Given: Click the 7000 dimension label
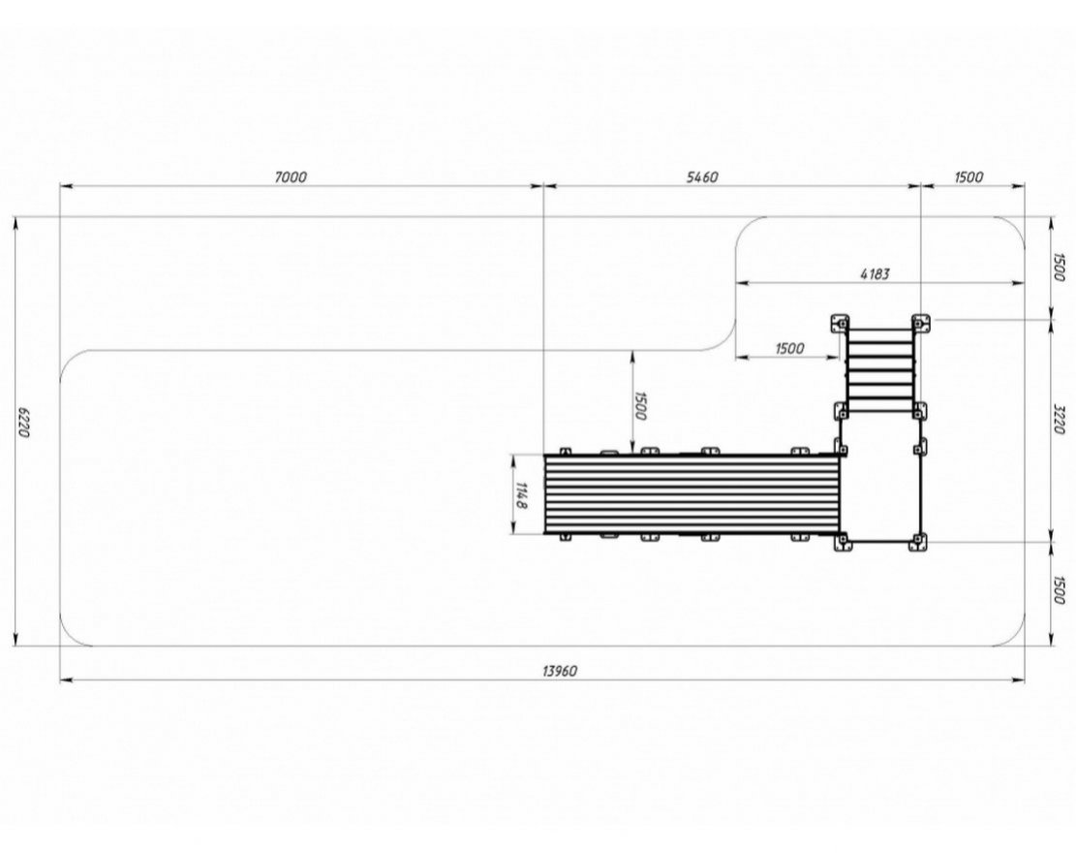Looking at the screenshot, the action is pyautogui.click(x=291, y=177).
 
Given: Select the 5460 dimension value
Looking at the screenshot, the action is pyautogui.click(x=702, y=177).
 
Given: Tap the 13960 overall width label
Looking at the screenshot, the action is pyautogui.click(x=560, y=671).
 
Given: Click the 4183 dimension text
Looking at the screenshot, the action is pyautogui.click(x=875, y=274).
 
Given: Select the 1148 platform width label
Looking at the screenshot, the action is pyautogui.click(x=521, y=496).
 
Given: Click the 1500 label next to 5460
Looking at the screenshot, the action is pyautogui.click(x=968, y=177).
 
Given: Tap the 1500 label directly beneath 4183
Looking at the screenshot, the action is pyautogui.click(x=789, y=348).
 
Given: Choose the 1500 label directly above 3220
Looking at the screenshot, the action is pyautogui.click(x=1059, y=268).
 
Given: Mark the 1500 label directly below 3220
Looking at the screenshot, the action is pyautogui.click(x=1059, y=590).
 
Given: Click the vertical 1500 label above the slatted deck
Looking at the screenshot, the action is pyautogui.click(x=640, y=406).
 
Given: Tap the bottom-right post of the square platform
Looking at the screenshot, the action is pyautogui.click(x=917, y=543).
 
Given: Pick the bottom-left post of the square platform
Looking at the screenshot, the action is pyautogui.click(x=842, y=543).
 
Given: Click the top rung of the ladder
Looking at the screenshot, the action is pyautogui.click(x=880, y=332).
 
